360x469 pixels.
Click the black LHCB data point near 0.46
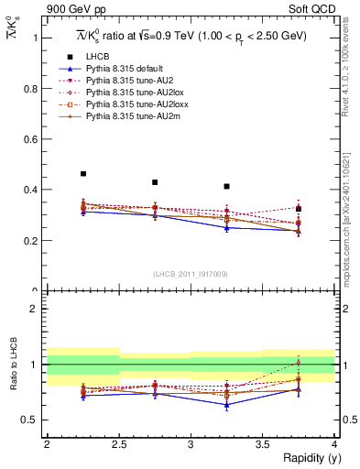coord(83,173)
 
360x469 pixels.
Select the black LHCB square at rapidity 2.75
coord(155,182)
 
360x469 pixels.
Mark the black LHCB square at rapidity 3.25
coord(226,186)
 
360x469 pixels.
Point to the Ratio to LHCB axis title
coord(13,364)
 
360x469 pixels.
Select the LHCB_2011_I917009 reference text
coord(189,274)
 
